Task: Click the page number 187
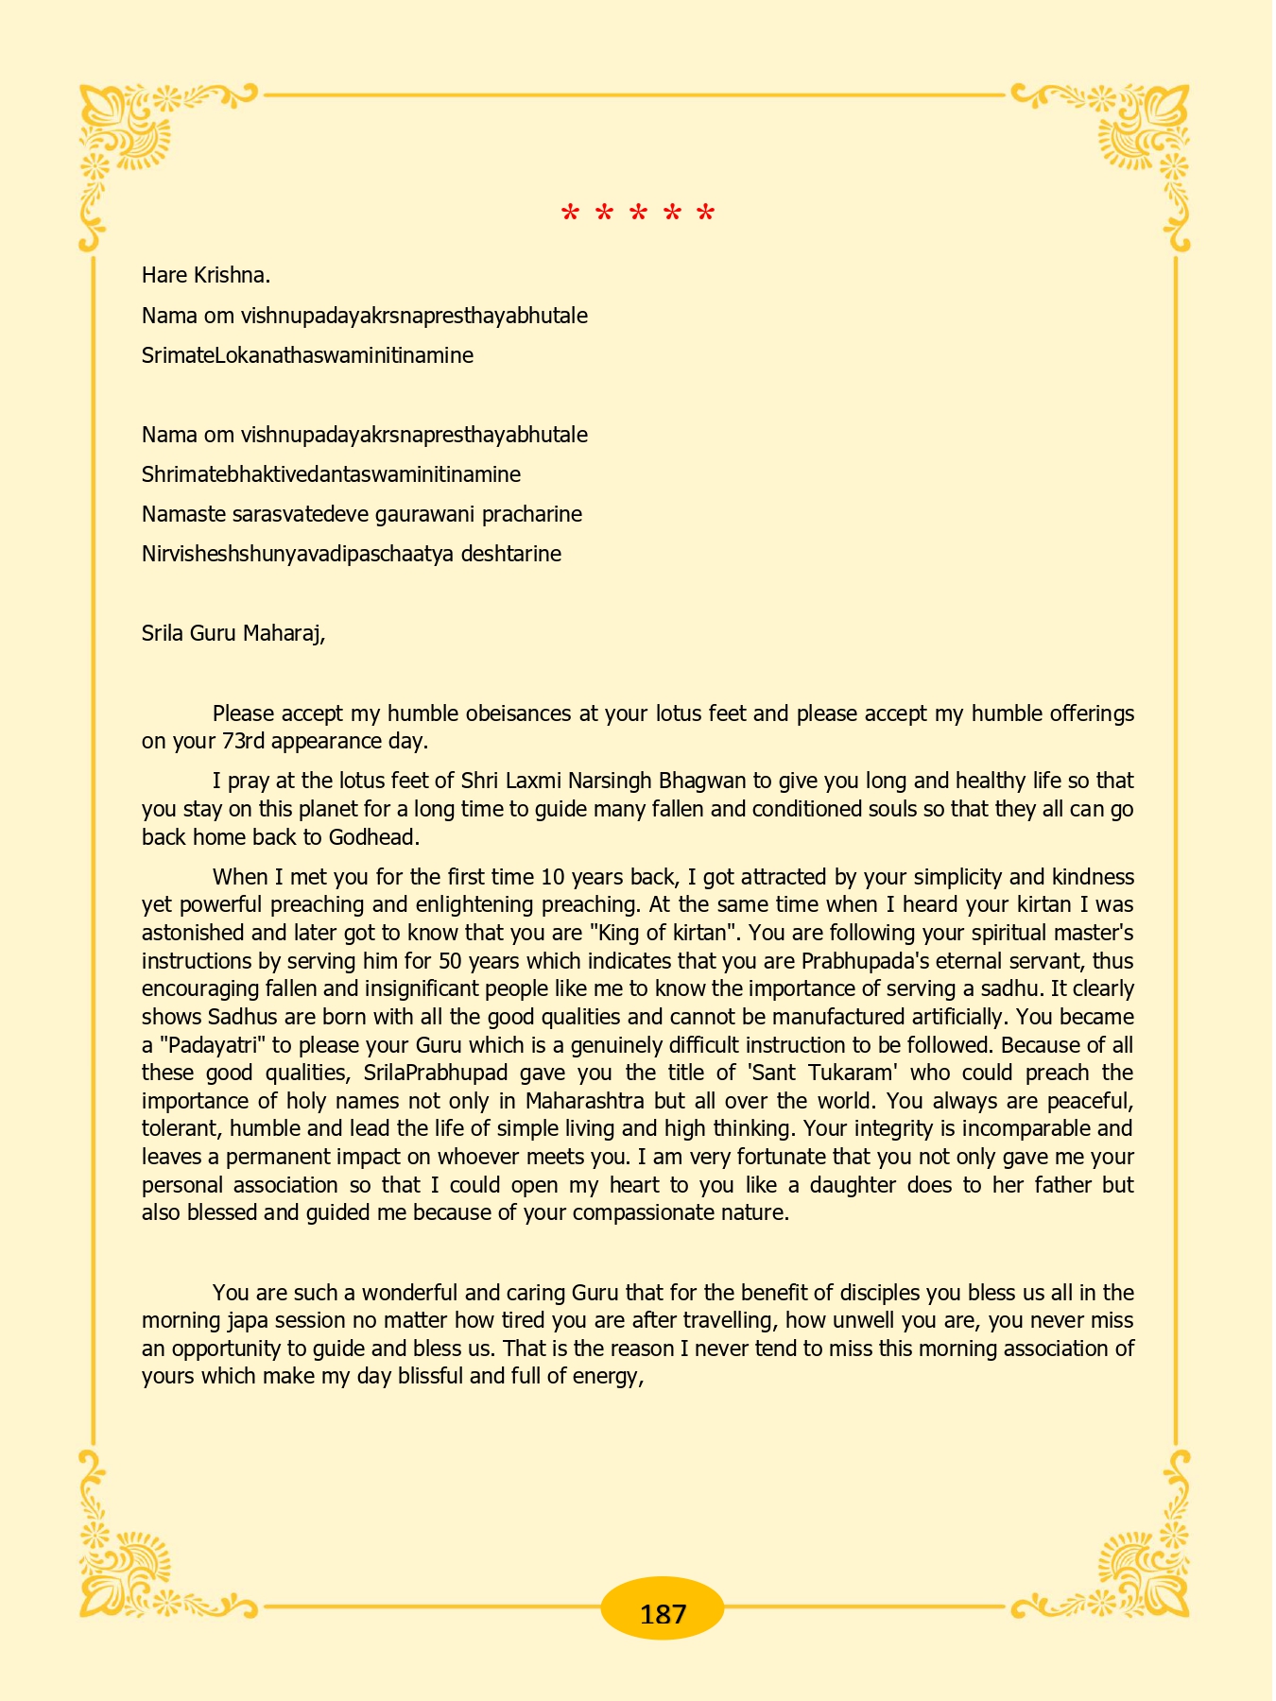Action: pyautogui.click(x=663, y=1614)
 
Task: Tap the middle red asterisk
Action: pyautogui.click(x=638, y=215)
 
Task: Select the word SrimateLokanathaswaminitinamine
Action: pyautogui.click(x=307, y=355)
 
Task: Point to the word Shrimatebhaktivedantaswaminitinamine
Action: pyautogui.click(x=331, y=474)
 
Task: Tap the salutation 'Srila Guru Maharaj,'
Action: pyautogui.click(x=233, y=632)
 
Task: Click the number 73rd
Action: pyautogui.click(x=244, y=740)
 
